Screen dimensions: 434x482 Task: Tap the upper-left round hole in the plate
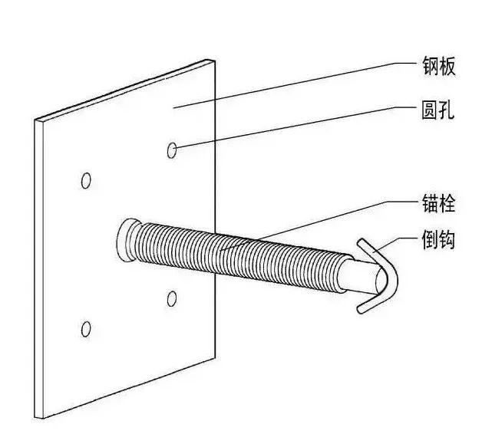click(86, 181)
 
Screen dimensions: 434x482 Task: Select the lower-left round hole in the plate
click(86, 329)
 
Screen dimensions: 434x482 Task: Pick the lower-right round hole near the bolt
click(172, 298)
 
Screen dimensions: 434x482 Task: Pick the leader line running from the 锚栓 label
click(307, 223)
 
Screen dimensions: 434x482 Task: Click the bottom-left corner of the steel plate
click(35, 418)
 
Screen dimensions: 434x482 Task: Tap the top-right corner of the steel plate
click(215, 59)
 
